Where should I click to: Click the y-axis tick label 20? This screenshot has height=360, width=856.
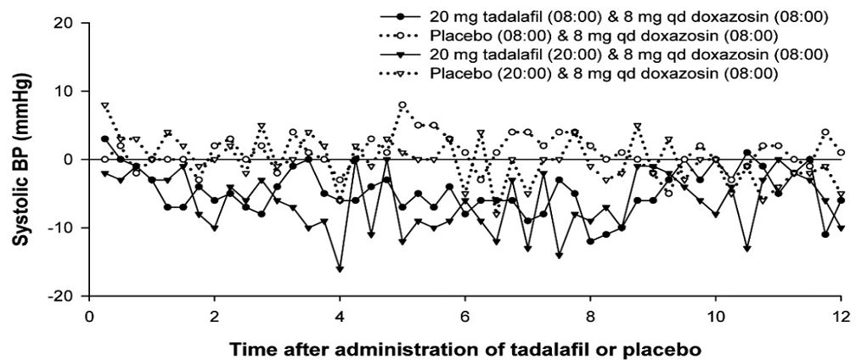(x=65, y=23)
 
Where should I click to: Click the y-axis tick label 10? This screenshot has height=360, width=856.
(x=65, y=91)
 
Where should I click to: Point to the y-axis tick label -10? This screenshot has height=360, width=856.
(x=62, y=228)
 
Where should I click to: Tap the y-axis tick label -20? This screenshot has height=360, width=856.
(x=62, y=295)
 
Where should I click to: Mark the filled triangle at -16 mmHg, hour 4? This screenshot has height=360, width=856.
(x=340, y=268)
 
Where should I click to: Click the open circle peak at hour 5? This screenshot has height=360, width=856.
(x=403, y=105)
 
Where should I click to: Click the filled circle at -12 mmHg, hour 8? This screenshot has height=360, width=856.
(x=590, y=241)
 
